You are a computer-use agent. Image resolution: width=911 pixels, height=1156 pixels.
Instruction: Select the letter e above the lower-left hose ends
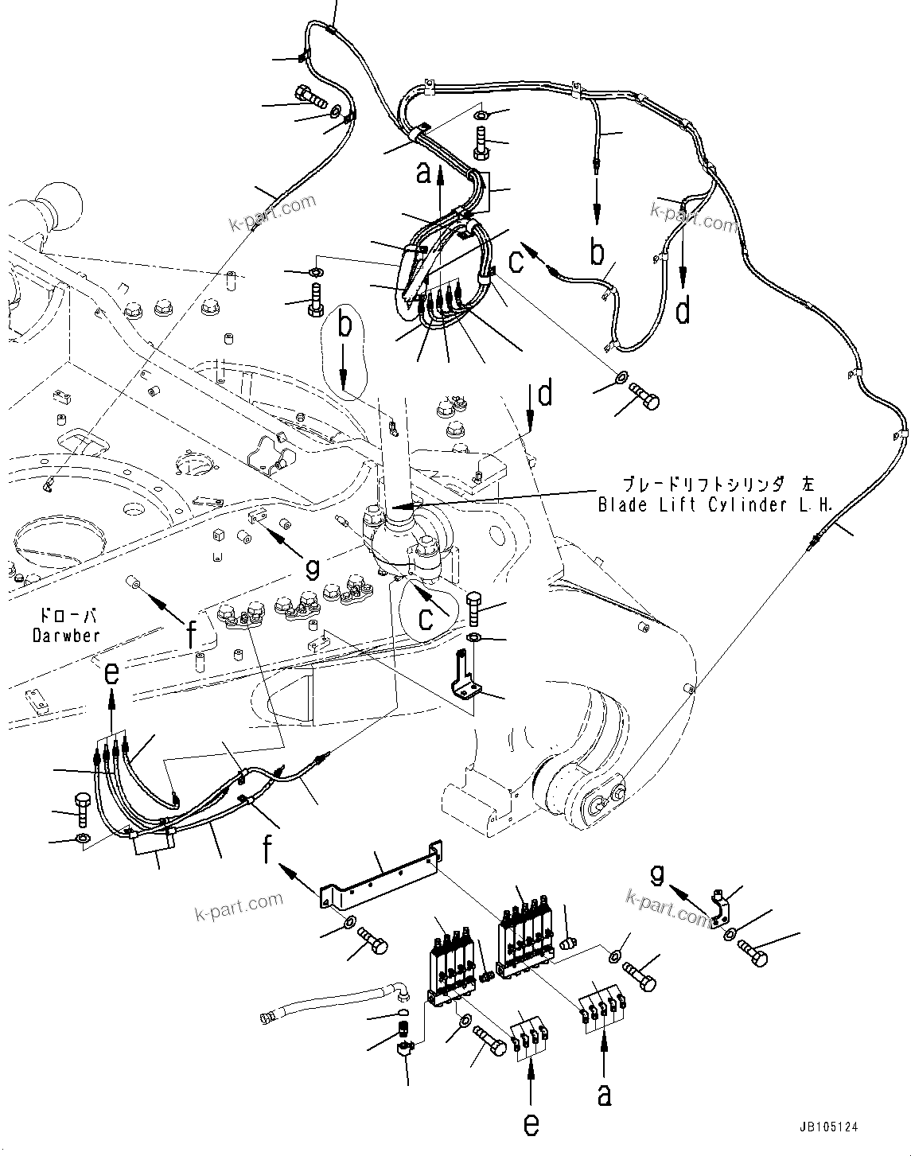[112, 674]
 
